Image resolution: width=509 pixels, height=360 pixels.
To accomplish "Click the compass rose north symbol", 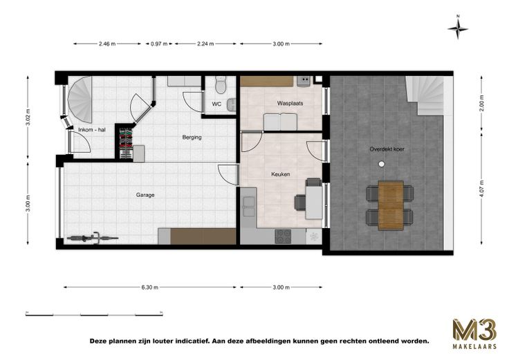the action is coord(458,28).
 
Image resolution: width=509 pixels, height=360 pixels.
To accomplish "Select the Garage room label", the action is coord(145,195).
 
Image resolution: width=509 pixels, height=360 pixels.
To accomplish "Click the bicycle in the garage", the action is coord(93,238).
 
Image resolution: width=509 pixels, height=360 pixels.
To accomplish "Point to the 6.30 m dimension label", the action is coord(150,287).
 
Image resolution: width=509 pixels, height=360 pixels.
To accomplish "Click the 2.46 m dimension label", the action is coord(107,44).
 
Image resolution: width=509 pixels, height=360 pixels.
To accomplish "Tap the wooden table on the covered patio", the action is coord(391,206).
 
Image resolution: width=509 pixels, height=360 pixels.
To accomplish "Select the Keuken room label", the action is coord(281,174).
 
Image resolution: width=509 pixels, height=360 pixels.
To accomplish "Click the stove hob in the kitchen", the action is coord(283,236).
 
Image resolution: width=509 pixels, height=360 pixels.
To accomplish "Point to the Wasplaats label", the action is coord(290,103).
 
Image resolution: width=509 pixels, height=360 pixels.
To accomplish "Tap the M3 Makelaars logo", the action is coord(474,334).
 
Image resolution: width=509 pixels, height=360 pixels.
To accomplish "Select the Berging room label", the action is coord(192,138).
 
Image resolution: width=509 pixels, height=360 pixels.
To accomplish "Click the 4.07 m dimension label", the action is coord(483,189).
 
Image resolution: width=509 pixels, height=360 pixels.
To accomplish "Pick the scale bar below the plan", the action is coord(94,314).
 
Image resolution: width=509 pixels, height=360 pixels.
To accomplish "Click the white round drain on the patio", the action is coord(382,164).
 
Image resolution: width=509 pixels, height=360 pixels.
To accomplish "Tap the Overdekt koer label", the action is coord(387,149).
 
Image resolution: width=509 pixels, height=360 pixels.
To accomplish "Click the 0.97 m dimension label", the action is coord(159,44).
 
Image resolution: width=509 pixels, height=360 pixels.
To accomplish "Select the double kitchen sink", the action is coord(249,207).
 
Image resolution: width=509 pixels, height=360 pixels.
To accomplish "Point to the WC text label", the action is coord(216,104).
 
